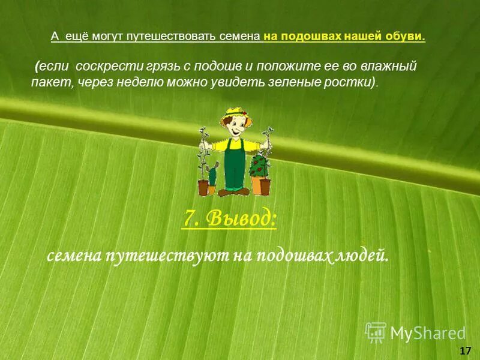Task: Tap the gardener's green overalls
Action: [232, 165]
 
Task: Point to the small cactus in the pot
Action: [212, 177]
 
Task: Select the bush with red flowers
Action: [260, 165]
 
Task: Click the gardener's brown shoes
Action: [231, 192]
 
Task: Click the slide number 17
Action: [464, 350]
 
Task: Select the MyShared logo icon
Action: [376, 332]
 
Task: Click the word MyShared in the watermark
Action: [428, 333]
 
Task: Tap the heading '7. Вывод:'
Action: [229, 220]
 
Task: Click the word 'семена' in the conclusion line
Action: [74, 257]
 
